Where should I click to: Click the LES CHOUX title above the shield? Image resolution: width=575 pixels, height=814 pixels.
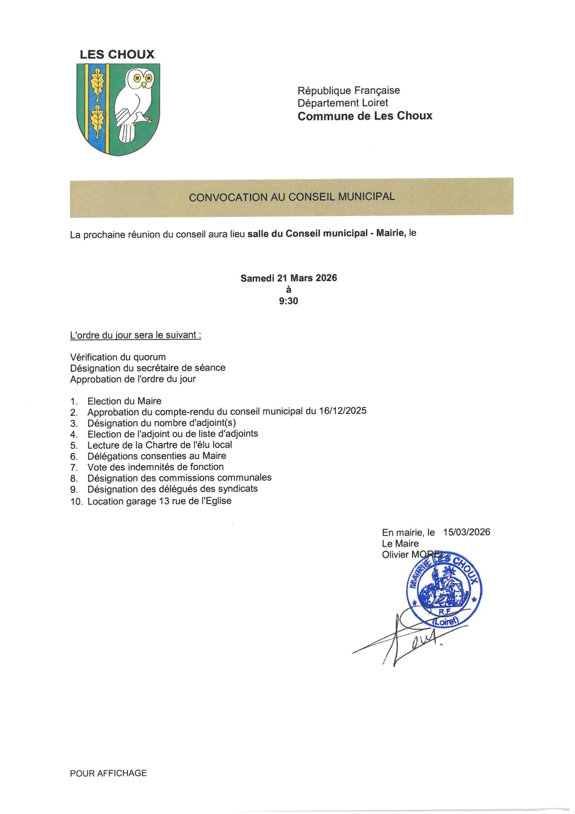point(117,55)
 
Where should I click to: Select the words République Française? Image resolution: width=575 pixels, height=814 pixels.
point(348,90)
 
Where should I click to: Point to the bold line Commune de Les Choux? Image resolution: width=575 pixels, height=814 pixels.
point(365,116)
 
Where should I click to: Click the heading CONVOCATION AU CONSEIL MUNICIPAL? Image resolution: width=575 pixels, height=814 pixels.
point(292,197)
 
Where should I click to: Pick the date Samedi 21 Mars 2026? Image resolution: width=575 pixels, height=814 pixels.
point(288,278)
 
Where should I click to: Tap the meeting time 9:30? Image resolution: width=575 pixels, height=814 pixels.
point(288,301)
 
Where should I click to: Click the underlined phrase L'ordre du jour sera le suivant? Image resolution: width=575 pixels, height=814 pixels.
point(136,335)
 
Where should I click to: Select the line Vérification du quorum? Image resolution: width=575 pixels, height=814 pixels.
point(118,357)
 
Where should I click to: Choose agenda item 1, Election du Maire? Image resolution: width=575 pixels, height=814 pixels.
point(124,401)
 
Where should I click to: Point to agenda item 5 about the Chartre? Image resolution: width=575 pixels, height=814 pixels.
point(160,445)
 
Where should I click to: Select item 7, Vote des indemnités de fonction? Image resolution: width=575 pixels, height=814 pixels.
point(156,467)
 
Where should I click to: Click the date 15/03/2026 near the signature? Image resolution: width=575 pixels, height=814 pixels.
point(467,532)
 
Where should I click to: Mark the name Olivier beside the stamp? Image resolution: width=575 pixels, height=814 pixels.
point(395,555)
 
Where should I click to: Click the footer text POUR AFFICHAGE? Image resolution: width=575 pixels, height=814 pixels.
point(108,773)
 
